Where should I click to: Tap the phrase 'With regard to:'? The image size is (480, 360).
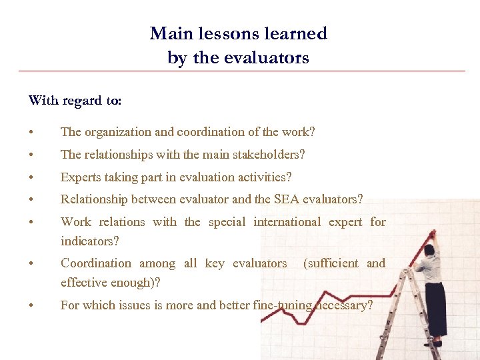(75, 101)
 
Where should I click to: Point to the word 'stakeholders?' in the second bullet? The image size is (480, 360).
(269, 155)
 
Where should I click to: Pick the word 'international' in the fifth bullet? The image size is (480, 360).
(287, 222)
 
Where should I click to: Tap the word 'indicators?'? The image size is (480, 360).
(89, 241)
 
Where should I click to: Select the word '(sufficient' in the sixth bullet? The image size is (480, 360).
(331, 263)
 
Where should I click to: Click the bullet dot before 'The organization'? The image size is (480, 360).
(31, 133)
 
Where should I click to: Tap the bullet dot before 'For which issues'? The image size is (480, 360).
(31, 306)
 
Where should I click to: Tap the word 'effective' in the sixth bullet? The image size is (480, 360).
(83, 282)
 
